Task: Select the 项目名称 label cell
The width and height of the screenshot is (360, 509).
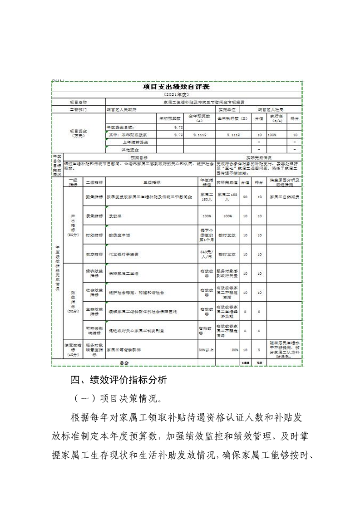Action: [79, 103]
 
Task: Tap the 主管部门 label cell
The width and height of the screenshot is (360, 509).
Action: [79, 110]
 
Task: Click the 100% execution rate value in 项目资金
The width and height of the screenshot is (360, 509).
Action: [272, 135]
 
